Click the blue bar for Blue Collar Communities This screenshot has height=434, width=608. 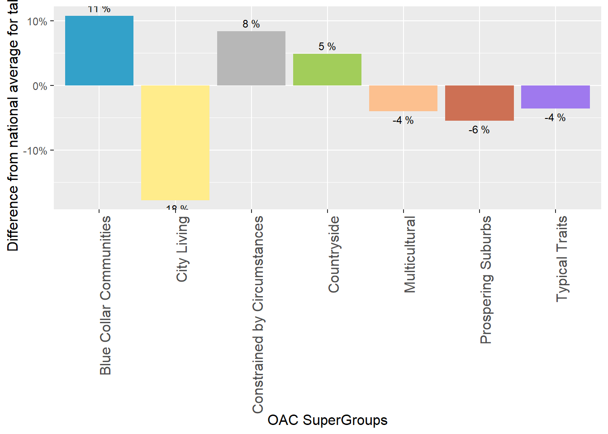[x=99, y=51]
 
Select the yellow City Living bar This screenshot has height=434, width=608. [x=175, y=142]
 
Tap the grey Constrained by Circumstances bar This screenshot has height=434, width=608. [x=251, y=58]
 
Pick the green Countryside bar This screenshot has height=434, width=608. [x=327, y=70]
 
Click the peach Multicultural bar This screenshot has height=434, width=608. [x=403, y=98]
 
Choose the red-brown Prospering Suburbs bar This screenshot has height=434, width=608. [x=479, y=103]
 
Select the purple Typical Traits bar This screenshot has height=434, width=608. [x=555, y=97]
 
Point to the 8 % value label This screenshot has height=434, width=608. [x=251, y=24]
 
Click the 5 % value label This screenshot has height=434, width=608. [x=327, y=47]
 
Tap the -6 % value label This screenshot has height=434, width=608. [x=479, y=130]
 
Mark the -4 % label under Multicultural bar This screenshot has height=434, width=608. [x=403, y=120]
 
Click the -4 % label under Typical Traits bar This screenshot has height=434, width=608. [x=555, y=118]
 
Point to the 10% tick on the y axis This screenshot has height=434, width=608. [x=37, y=21]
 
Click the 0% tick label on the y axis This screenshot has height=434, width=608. [x=40, y=86]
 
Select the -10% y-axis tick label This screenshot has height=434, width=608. [x=35, y=151]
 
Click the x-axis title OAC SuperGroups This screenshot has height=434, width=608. [x=327, y=420]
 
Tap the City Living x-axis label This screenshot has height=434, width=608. [x=182, y=249]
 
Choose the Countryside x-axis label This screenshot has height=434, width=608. [x=334, y=255]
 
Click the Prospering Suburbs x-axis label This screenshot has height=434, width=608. [x=486, y=280]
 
